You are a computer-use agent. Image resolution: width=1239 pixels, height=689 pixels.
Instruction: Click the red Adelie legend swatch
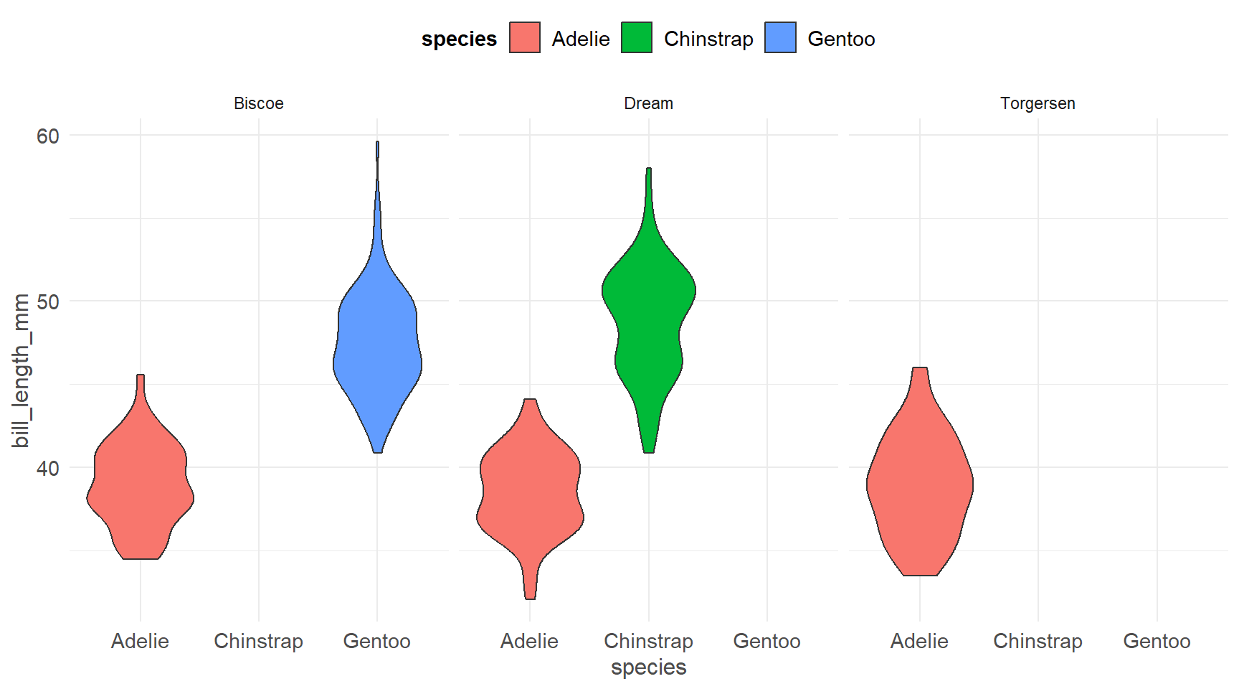[524, 38]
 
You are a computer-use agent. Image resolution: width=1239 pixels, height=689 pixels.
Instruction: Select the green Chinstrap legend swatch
[637, 38]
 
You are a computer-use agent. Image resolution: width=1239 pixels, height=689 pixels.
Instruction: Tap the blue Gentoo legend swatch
[780, 38]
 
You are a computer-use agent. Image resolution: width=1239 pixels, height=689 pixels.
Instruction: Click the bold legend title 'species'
[459, 39]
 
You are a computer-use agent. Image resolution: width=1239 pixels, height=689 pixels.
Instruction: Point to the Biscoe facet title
[259, 103]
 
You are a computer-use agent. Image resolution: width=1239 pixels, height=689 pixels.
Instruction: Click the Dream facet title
[648, 103]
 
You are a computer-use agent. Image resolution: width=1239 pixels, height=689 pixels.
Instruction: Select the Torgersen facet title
[1038, 103]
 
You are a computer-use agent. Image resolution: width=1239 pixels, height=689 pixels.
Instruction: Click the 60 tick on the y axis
[48, 136]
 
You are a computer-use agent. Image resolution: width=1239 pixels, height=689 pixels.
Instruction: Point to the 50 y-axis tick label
[48, 301]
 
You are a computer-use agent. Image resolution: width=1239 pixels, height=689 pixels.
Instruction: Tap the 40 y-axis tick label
[48, 468]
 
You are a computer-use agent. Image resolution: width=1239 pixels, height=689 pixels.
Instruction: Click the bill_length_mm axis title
[22, 370]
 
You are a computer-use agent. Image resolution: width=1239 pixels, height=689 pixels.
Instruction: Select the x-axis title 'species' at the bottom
[648, 667]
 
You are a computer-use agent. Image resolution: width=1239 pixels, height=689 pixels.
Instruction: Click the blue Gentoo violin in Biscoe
[377, 344]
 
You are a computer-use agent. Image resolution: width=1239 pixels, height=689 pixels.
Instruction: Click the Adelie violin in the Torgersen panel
[920, 488]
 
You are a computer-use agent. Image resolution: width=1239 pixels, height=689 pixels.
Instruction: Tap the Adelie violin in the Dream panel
[530, 495]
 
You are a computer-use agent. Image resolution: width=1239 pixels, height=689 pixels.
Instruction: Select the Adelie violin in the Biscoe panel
[141, 488]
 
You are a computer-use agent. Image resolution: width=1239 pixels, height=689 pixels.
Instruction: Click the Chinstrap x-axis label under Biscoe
[259, 641]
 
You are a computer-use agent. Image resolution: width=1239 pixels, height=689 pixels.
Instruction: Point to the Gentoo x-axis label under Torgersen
[1157, 641]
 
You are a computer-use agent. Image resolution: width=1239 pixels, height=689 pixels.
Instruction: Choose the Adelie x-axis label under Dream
[529, 641]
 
